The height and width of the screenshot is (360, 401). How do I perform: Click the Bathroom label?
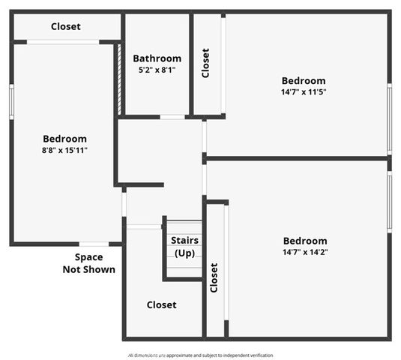(x=157, y=58)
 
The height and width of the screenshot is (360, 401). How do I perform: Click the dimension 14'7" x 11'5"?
(x=304, y=92)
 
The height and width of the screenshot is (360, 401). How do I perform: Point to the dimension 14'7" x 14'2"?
(x=305, y=252)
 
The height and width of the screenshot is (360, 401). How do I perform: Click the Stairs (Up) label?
(x=184, y=247)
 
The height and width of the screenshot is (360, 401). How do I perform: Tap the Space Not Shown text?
(x=88, y=263)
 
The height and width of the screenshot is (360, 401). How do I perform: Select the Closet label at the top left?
(x=65, y=27)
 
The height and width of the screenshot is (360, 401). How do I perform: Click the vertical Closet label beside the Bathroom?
(x=205, y=63)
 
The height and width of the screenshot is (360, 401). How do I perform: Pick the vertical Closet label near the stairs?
(x=214, y=277)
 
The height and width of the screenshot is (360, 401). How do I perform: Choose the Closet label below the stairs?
(x=161, y=304)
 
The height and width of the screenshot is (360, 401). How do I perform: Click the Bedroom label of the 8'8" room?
(x=64, y=139)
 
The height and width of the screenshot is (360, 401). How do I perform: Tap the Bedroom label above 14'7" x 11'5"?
(x=304, y=81)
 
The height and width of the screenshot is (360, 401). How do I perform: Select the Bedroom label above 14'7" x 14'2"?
(x=305, y=241)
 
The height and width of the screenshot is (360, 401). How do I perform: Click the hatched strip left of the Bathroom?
(x=119, y=79)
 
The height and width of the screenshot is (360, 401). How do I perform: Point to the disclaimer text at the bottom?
(x=200, y=355)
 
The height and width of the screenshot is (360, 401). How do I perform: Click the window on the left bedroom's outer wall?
(x=11, y=101)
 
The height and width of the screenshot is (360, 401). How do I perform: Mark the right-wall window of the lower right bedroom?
(x=389, y=201)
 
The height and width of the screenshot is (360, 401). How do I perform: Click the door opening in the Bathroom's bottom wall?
(x=172, y=117)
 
